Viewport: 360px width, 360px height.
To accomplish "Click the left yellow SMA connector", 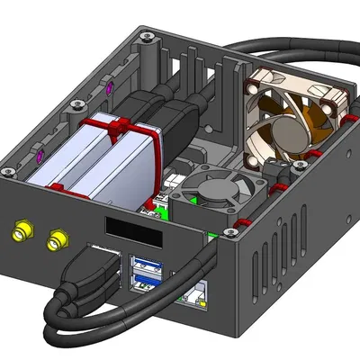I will [20, 232].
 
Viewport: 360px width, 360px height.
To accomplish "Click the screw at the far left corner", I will [8, 170].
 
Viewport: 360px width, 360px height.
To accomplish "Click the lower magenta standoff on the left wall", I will [41, 155].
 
